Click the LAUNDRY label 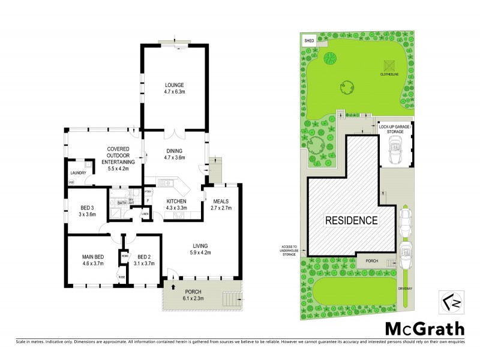[79, 173]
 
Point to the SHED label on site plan [310, 40]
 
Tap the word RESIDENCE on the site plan [351, 220]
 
